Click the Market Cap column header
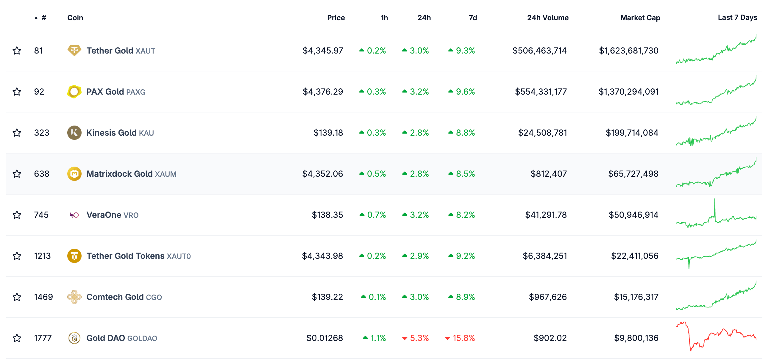point(640,18)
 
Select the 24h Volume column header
point(547,18)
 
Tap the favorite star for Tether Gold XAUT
point(17,51)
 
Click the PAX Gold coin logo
point(74,92)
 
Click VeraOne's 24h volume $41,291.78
point(546,215)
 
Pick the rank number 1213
point(42,256)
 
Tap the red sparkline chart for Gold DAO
point(716,337)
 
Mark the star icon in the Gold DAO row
point(17,338)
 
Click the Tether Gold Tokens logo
point(74,256)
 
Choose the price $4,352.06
point(322,174)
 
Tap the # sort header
point(43,18)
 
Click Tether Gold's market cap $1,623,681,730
point(628,51)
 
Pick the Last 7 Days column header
point(737,18)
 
